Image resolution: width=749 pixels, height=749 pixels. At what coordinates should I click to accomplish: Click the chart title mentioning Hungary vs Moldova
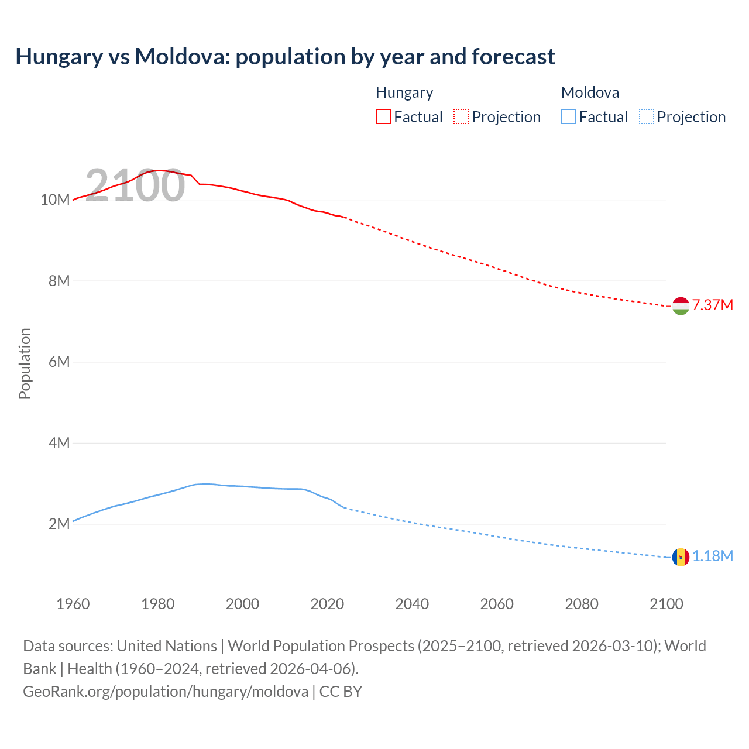point(285,57)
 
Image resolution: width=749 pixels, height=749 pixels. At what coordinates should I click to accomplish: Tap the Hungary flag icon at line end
point(681,305)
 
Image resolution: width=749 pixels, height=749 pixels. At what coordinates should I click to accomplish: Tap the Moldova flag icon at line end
point(681,557)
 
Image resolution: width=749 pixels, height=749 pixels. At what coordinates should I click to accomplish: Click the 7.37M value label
point(712,305)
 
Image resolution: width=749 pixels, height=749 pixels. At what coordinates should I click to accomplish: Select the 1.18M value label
point(712,556)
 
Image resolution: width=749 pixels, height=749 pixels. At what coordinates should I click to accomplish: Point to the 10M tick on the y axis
point(55,200)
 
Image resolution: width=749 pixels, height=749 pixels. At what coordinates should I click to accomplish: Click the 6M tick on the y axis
point(59,362)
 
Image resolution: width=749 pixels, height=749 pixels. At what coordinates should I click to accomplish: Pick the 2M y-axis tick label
point(59,524)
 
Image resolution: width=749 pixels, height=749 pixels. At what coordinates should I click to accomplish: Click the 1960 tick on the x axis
point(73,604)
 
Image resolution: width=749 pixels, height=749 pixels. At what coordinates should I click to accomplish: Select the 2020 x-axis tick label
point(327,604)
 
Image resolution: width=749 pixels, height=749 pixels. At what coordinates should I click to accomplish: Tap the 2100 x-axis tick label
point(666,604)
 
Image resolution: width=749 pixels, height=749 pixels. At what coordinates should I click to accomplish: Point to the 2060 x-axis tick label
point(497,604)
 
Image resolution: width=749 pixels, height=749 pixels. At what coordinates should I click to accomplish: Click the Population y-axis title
point(25,363)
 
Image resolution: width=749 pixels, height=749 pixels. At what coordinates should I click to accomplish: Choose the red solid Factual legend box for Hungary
point(383,116)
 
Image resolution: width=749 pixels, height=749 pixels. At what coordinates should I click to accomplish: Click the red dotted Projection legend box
point(461,116)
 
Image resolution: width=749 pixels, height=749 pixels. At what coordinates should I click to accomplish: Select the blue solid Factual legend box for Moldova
point(568,116)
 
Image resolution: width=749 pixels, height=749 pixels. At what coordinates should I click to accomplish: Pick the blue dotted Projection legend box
point(647,116)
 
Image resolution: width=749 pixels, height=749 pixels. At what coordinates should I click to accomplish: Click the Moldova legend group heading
point(590,92)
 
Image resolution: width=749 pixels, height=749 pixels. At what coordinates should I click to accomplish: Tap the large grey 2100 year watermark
point(135,185)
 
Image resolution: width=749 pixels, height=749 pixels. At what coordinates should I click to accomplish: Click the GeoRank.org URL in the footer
point(166,692)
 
